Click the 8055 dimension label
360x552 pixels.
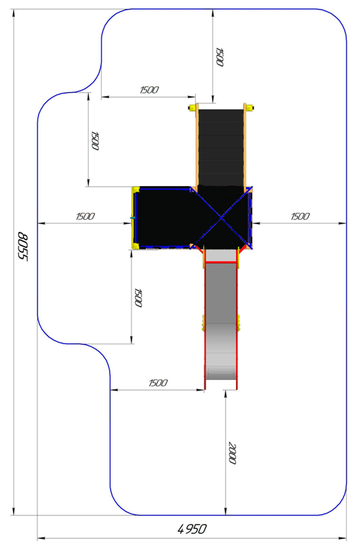23,246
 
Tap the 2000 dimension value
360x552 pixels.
232,453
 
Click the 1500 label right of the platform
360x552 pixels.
300,217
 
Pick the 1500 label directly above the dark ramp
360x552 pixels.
220,57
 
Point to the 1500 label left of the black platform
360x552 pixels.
85,217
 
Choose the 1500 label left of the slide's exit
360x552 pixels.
158,383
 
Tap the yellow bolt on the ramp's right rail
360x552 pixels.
250,108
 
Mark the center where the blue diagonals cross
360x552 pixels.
221,218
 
